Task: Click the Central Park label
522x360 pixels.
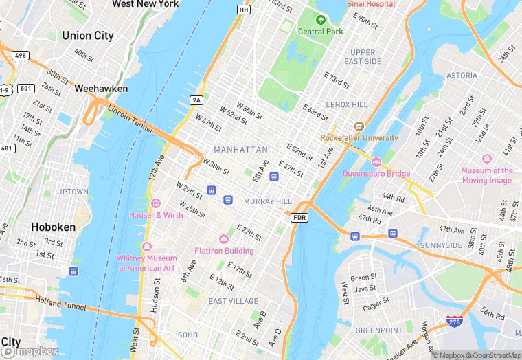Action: [x=320, y=31]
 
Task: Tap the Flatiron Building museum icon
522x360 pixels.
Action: [x=223, y=238]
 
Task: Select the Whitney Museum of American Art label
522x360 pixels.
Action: [x=147, y=262]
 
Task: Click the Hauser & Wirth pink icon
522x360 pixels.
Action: [x=156, y=203]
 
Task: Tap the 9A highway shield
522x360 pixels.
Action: [x=196, y=100]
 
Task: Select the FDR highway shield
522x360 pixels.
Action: [x=299, y=218]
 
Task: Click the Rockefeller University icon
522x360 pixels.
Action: [x=359, y=126]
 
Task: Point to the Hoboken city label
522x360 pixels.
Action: [x=53, y=227]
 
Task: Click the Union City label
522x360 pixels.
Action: [x=87, y=36]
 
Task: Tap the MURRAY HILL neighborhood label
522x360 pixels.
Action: [x=268, y=201]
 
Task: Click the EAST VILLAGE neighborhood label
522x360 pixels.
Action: [x=234, y=301]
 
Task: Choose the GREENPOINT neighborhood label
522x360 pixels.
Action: [x=379, y=330]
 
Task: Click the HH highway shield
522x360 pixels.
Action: [x=244, y=10]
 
